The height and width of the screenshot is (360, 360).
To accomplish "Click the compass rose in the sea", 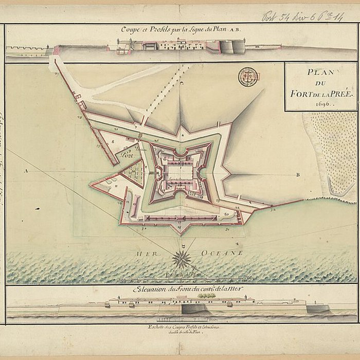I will pyautogui.click(x=182, y=259).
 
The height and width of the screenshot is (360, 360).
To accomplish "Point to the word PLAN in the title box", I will pyautogui.click(x=320, y=73).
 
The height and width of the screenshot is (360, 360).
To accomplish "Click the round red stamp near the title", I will pyautogui.click(x=248, y=77).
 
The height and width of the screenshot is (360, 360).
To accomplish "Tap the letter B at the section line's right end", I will pyautogui.click(x=298, y=175).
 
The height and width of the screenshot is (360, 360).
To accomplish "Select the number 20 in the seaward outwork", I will pyautogui.click(x=226, y=213).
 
